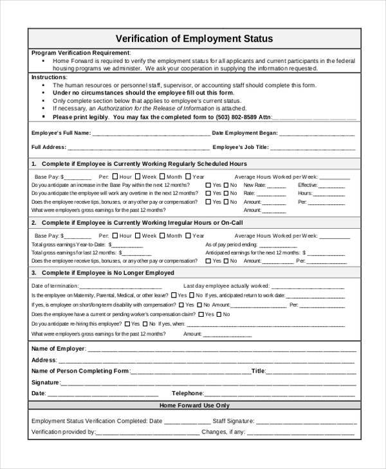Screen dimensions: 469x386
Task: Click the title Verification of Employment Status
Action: point(193,39)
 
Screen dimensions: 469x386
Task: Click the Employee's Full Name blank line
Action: point(151,134)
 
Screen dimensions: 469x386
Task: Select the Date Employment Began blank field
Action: point(317,134)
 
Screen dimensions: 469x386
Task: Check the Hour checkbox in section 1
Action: point(115,176)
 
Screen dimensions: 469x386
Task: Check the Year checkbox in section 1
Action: point(188,176)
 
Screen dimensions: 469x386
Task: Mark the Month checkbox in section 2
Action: point(164,236)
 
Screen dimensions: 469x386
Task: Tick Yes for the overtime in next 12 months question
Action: point(208,193)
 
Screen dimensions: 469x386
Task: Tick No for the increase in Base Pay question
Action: point(226,185)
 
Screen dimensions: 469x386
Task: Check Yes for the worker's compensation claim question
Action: point(202,315)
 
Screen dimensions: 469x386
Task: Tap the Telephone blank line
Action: point(281,394)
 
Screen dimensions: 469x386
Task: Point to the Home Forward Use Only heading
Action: point(193,406)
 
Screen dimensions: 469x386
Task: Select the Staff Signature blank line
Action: point(306,421)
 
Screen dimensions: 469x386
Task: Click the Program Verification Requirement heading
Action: point(80,53)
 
